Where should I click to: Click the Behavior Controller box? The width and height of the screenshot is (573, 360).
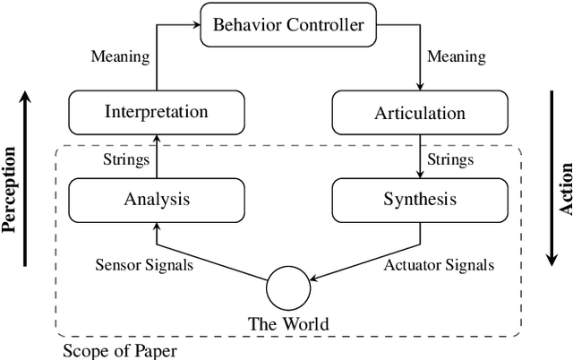click(287, 24)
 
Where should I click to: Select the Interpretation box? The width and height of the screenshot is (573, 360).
click(157, 112)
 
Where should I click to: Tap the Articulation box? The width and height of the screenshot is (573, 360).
click(419, 113)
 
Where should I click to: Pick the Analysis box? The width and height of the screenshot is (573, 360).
click(157, 199)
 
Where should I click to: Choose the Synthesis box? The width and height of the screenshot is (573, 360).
click(419, 199)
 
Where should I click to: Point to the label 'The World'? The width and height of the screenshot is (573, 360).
click(287, 323)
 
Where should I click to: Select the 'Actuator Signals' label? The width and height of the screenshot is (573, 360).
click(439, 264)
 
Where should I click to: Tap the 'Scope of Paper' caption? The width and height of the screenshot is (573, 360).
click(119, 349)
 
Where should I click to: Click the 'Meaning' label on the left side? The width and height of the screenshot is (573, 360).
click(121, 56)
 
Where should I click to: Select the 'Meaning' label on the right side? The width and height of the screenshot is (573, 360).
click(455, 56)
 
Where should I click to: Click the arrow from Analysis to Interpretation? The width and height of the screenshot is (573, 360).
click(157, 154)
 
